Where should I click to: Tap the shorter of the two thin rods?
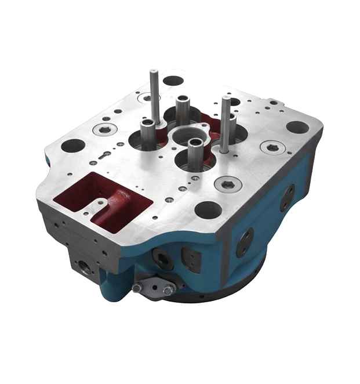click(225, 122)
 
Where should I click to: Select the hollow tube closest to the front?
click(195, 153)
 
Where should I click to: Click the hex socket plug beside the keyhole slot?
click(104, 129)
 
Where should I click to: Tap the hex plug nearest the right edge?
click(271, 147)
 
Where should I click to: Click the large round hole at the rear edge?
click(173, 81)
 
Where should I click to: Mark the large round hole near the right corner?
click(297, 126)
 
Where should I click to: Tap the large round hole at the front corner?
click(208, 209)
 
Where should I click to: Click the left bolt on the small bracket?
click(137, 287)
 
